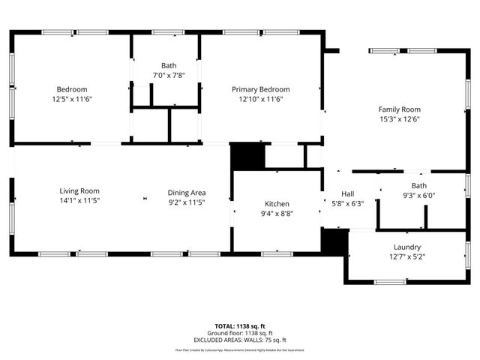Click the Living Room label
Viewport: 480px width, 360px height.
(80, 191)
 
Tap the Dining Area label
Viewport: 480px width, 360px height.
(187, 193)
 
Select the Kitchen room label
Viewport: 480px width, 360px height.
(277, 204)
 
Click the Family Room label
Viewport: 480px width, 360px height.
(399, 109)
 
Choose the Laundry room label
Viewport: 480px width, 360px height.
(407, 247)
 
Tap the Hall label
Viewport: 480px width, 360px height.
(347, 193)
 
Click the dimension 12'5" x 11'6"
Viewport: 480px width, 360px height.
(72, 98)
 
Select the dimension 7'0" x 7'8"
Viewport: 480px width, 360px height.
(168, 75)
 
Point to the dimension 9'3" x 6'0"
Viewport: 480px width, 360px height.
(418, 195)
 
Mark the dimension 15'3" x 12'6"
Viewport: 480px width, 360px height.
(399, 118)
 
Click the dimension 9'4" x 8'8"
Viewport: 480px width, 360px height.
(277, 213)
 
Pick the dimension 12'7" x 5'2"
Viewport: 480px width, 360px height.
(407, 256)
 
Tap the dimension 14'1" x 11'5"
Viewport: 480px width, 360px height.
(80, 201)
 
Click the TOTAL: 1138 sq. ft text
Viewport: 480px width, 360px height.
(240, 326)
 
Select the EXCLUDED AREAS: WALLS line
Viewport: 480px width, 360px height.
(240, 340)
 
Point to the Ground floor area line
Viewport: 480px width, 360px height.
(240, 333)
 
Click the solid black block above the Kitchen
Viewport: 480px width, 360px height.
(247, 156)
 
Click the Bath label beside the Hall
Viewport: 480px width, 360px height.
(418, 185)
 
